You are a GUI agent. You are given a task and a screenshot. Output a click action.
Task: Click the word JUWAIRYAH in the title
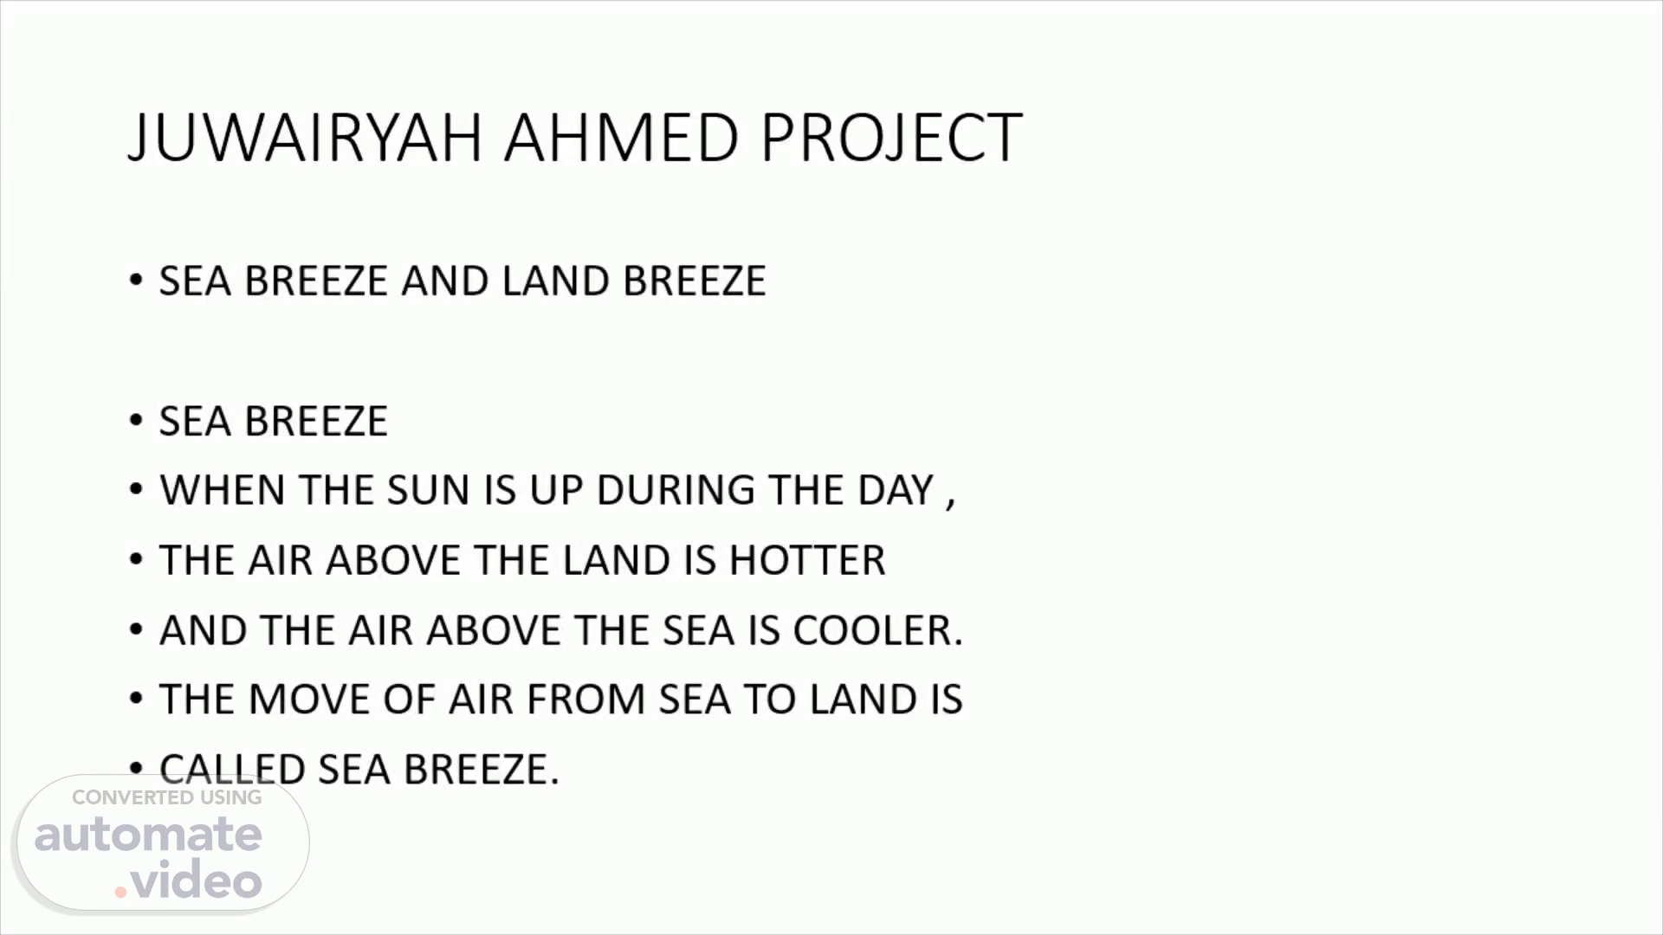(x=305, y=138)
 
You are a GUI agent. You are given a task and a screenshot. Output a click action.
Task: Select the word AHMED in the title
(x=621, y=138)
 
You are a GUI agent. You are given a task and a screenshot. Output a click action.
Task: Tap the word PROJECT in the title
(x=891, y=138)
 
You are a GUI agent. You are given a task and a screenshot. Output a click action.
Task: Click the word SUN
(x=428, y=490)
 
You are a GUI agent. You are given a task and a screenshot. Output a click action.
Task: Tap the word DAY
(x=896, y=490)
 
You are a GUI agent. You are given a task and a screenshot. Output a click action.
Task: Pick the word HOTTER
(x=807, y=560)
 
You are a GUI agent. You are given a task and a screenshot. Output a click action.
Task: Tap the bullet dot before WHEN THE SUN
(x=136, y=490)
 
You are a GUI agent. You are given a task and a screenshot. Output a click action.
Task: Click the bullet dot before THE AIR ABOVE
(x=136, y=560)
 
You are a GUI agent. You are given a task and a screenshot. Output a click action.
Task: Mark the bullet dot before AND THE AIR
(x=136, y=630)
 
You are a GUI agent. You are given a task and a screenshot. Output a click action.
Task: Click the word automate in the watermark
(x=148, y=835)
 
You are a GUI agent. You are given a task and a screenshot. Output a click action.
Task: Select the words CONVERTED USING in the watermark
(x=166, y=797)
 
